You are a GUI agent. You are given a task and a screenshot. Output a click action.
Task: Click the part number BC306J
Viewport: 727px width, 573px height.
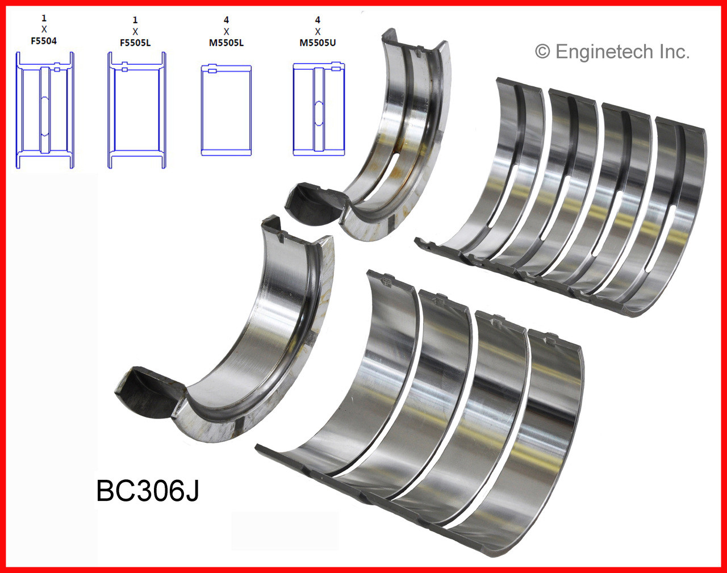148,490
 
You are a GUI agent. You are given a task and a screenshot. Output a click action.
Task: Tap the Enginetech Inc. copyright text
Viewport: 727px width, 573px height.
612,52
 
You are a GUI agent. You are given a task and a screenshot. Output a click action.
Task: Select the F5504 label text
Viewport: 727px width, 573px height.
44,41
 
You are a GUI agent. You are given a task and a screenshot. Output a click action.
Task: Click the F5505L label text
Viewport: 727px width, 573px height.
135,43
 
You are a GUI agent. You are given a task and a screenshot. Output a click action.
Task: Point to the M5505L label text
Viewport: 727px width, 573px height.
226,43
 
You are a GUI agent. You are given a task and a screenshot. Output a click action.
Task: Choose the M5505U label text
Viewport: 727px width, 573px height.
317,43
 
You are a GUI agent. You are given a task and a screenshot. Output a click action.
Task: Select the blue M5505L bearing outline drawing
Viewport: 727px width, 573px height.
226,110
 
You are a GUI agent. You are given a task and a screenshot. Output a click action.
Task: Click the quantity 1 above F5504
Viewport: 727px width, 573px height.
44,18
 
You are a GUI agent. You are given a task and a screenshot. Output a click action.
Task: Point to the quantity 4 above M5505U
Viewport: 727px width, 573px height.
317,20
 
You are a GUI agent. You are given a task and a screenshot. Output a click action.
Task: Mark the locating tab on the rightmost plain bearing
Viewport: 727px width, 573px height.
550,340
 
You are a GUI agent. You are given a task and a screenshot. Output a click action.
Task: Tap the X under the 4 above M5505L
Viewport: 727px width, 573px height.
226,31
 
